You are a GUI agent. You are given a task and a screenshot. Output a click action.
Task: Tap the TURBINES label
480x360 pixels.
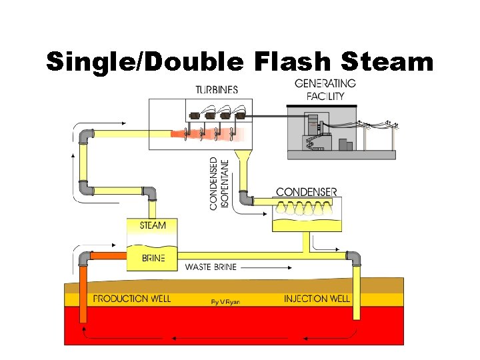point(217,90)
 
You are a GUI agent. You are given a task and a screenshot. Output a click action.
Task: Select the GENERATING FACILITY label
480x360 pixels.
point(325,89)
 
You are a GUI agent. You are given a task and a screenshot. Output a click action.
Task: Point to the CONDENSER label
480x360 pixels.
point(307,192)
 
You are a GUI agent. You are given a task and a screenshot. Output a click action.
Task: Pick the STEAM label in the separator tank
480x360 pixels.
point(153,225)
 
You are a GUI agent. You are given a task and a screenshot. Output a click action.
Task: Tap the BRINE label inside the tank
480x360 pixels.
point(153,258)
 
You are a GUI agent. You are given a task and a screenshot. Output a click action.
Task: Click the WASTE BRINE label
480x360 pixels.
point(211,267)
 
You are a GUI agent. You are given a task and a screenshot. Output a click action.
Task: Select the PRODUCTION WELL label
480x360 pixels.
point(131,299)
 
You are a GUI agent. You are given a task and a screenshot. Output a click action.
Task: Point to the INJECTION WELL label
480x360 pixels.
point(317,299)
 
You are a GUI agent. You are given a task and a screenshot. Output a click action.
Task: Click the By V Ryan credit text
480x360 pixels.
point(225,301)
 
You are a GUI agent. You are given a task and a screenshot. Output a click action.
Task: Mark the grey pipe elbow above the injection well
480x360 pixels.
point(353,258)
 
